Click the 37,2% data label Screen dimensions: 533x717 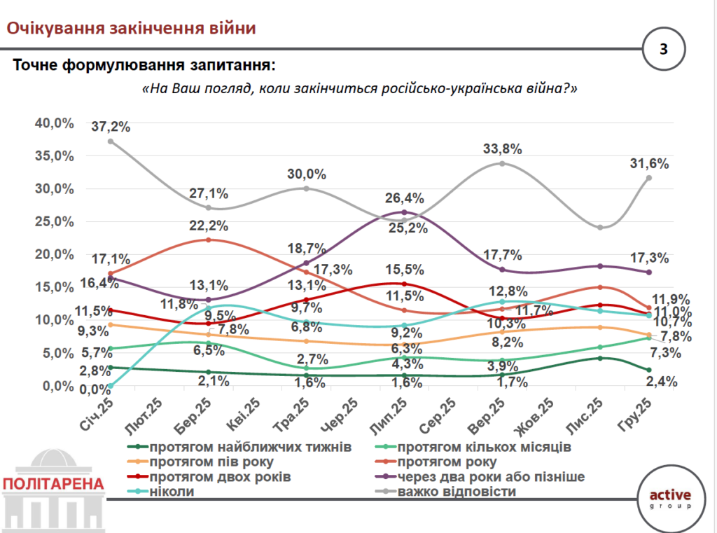(111, 126)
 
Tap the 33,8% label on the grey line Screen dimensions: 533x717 (502, 148)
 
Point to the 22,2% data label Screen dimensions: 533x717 (209, 225)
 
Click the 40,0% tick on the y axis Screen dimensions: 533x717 (55, 123)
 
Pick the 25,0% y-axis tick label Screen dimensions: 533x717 (55, 221)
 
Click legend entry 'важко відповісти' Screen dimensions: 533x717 (457, 491)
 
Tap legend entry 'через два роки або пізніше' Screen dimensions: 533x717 (490, 476)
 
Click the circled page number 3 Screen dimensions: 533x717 (663, 49)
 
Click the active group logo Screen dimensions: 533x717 (669, 498)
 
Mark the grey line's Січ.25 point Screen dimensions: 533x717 (111, 141)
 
